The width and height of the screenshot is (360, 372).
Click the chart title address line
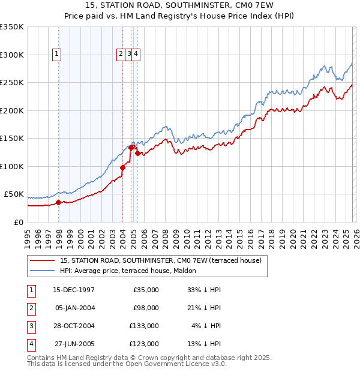coord(180,6)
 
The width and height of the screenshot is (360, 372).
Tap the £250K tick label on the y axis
coord(12,82)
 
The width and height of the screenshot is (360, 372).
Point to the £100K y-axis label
coord(12,166)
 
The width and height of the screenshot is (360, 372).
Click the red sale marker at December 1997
coord(58,203)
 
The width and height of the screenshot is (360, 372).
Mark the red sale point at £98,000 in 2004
coord(122,167)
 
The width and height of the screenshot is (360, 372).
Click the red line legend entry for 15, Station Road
coord(160,261)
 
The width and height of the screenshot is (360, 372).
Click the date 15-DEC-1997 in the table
coord(74,290)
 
